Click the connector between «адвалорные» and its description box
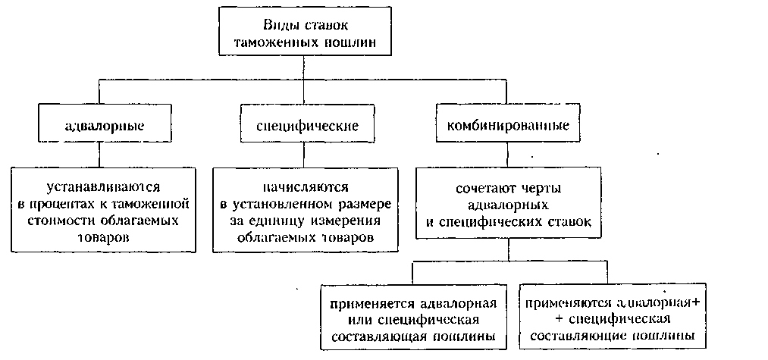(x=100, y=153)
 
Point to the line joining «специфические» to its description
(x=302, y=153)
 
